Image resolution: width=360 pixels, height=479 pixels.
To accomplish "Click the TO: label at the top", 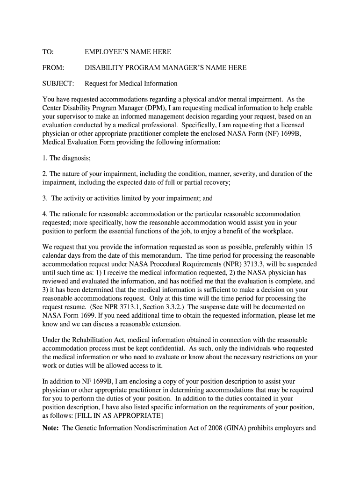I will coord(48,52).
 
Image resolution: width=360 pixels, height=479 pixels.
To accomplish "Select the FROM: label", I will coord(53,68).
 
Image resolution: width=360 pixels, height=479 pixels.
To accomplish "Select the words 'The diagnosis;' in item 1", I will coord(70,158).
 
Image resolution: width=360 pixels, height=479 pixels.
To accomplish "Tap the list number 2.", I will coord(45,174).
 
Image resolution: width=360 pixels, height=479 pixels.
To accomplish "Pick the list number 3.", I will coord(45,198).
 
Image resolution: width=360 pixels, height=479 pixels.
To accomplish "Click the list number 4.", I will coord(45,214).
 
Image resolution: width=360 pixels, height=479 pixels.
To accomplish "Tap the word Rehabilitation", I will coord(88,340).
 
